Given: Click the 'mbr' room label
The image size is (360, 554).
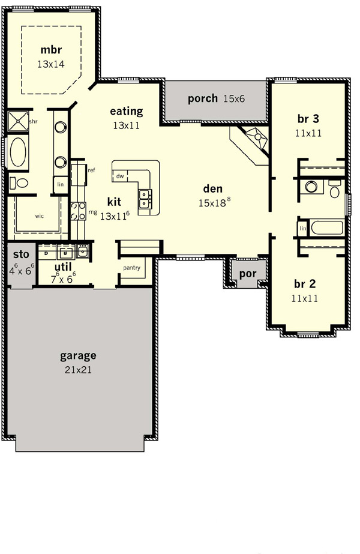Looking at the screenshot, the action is [x=51, y=49].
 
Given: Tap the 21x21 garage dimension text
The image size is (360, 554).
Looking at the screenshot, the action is [x=78, y=370].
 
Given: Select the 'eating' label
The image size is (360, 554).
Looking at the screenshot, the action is [x=127, y=111].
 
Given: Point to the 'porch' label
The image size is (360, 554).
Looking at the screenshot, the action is [x=202, y=98].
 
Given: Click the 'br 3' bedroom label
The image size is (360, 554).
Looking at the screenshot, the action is [x=308, y=119].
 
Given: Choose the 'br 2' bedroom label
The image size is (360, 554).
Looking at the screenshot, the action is [x=305, y=284].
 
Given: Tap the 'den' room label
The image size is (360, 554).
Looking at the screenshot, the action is [x=213, y=188].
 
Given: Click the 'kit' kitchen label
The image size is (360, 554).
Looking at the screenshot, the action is [x=114, y=202].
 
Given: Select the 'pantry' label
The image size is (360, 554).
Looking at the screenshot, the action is [x=132, y=268].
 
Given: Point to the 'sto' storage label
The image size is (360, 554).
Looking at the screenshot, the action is [x=21, y=254].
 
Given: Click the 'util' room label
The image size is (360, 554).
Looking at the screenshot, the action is [x=63, y=266].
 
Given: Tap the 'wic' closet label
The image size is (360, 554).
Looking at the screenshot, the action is [x=40, y=216].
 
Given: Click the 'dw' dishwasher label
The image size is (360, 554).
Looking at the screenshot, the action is [x=120, y=176].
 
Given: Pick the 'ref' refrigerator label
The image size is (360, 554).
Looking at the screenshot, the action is [x=92, y=170].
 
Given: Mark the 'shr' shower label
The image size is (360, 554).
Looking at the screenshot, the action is [x=33, y=121].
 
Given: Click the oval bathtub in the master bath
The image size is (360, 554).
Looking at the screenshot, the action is [x=18, y=152].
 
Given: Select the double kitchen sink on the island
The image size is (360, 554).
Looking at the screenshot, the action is [x=145, y=199].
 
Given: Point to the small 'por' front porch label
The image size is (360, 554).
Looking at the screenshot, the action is [x=248, y=274].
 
